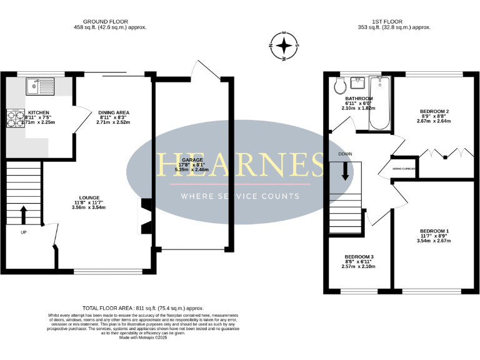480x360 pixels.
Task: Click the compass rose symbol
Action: coord(284,46)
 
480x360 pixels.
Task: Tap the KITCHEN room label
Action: coord(38,113)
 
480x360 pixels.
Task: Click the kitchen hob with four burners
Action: coord(14,118)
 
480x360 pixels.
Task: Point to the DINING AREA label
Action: coord(113,112)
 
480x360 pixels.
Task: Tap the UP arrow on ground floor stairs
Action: coord(24,215)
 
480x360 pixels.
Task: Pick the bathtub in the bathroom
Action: coord(379,103)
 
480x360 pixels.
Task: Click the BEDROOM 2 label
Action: coord(434,111)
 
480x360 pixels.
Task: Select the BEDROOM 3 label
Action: coord(359,257)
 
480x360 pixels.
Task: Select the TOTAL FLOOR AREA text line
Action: coord(143,308)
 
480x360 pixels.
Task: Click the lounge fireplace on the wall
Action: coord(143,216)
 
